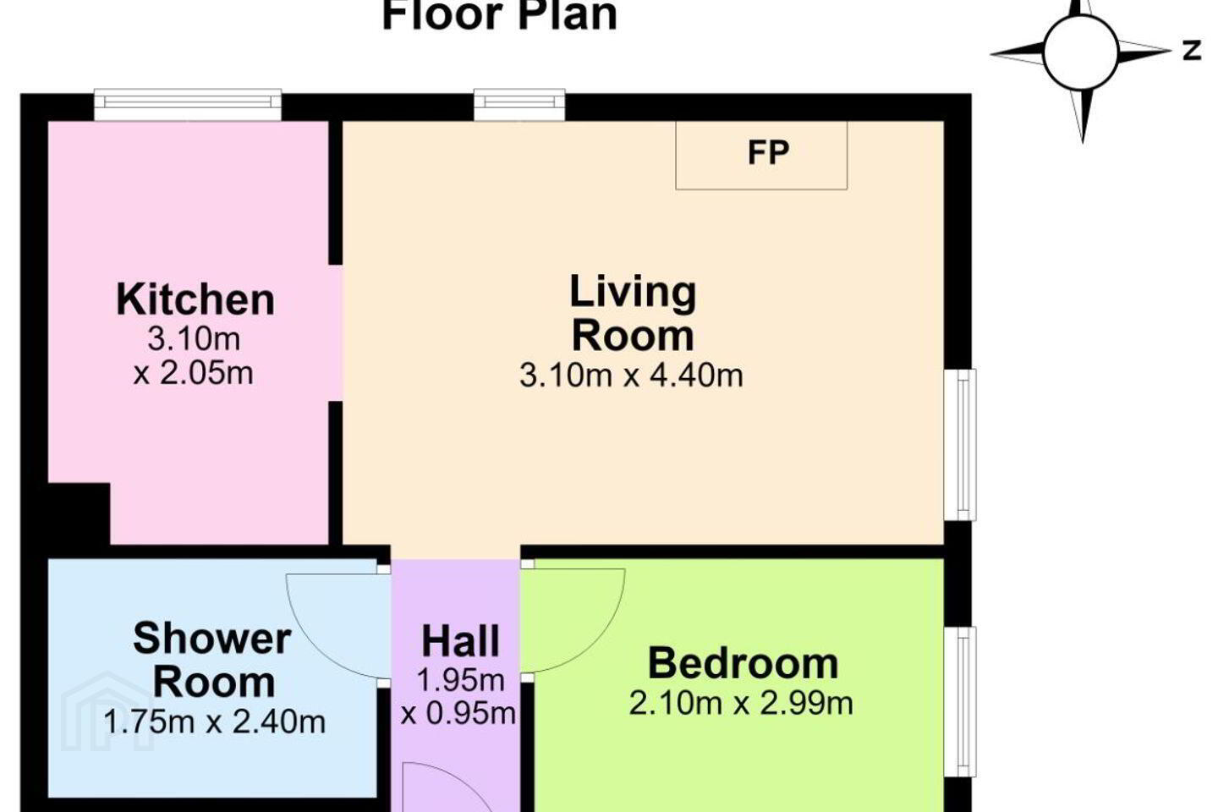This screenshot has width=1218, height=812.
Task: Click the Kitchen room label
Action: point(195,299)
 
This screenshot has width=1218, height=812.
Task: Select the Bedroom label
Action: point(743,663)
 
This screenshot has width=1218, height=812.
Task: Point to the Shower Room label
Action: point(212,660)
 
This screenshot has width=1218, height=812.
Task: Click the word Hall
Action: point(460,641)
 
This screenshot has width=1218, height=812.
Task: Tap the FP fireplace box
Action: point(761,155)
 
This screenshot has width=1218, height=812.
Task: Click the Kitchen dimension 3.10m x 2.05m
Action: point(194,356)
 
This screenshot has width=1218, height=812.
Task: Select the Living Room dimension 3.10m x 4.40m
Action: point(631,376)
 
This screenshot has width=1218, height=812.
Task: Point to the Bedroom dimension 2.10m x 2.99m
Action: point(741,703)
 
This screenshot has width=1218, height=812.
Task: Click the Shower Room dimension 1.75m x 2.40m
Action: point(214,722)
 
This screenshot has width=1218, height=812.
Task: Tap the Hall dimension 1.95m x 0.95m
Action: point(458,697)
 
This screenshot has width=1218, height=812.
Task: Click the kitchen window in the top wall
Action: point(188,104)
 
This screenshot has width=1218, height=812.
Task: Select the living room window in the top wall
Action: point(519,104)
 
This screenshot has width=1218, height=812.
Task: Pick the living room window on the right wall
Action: point(960,445)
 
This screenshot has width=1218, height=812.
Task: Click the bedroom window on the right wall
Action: point(960,701)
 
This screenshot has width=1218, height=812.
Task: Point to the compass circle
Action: point(1081,52)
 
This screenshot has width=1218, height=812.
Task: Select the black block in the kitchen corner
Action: point(79,513)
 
